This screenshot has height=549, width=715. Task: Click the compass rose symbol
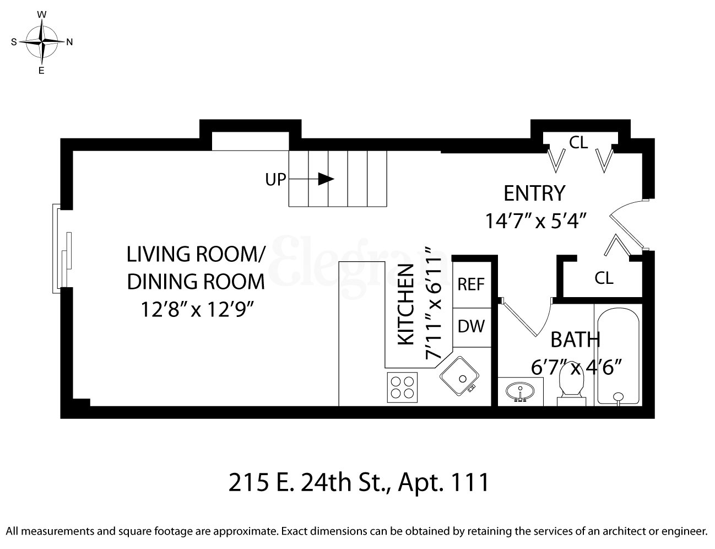[x=41, y=42]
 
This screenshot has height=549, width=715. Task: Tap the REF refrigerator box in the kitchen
[x=471, y=284]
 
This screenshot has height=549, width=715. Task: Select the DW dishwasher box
[x=471, y=326]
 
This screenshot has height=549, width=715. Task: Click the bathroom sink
[x=519, y=392]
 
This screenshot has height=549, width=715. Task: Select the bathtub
[x=617, y=356]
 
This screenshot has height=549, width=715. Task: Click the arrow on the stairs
[x=327, y=179]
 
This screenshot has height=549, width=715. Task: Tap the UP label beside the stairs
[x=276, y=179]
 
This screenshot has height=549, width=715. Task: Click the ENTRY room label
[x=534, y=193]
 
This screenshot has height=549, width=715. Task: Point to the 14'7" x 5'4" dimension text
[x=534, y=220]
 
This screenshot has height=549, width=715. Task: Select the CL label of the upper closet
[x=578, y=143]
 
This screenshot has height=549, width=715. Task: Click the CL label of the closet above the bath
[x=604, y=277]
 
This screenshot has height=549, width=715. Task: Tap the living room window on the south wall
[x=61, y=249]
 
